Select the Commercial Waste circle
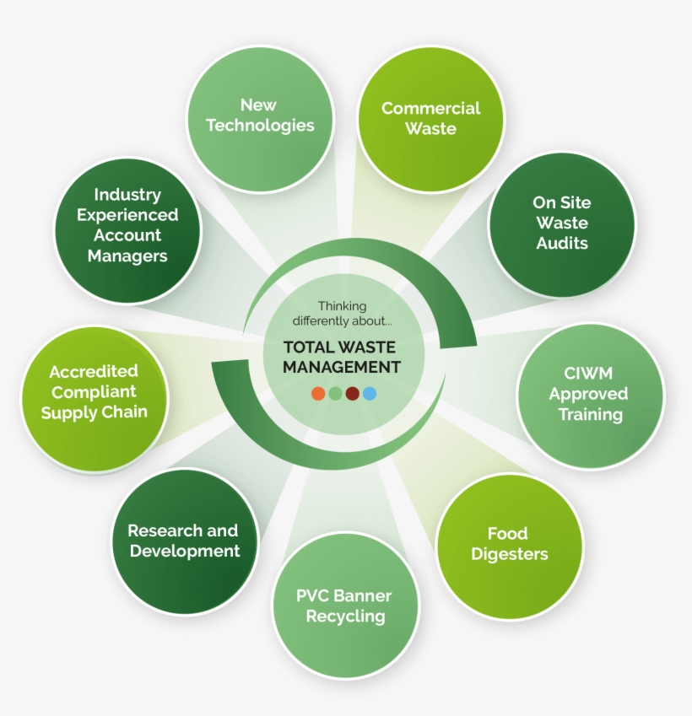coord(430,118)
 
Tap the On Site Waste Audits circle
coord(562,223)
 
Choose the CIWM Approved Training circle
coord(590,395)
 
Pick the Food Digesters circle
coord(509,545)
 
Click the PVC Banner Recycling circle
coord(344,606)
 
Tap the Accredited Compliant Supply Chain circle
coord(95,393)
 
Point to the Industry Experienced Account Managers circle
coord(128,226)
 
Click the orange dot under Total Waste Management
coord(318,393)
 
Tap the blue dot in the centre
coord(369,393)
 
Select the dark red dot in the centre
coord(352,393)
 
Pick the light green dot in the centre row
coord(335,393)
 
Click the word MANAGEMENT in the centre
coord(342,367)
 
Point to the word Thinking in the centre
coord(343,306)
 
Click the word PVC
coord(312,595)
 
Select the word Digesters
coord(509,554)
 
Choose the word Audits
coord(562,244)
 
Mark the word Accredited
coord(94,372)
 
